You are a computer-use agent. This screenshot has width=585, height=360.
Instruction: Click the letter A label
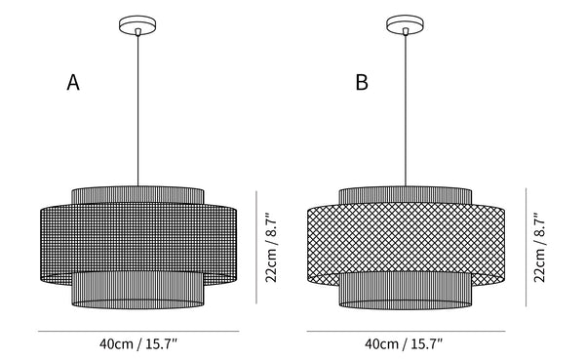point(73,82)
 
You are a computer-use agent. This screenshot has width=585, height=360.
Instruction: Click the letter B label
point(362,82)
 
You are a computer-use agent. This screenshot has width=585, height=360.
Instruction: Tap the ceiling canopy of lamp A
point(137,25)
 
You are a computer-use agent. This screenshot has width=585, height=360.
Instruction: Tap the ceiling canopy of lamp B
point(406,25)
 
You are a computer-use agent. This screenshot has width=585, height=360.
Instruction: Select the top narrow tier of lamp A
point(137,195)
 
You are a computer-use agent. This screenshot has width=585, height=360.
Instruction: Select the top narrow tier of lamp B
point(406,195)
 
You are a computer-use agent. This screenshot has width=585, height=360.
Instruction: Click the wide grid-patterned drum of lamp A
point(138,239)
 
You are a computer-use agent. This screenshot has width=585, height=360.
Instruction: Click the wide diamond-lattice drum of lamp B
point(406,239)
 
